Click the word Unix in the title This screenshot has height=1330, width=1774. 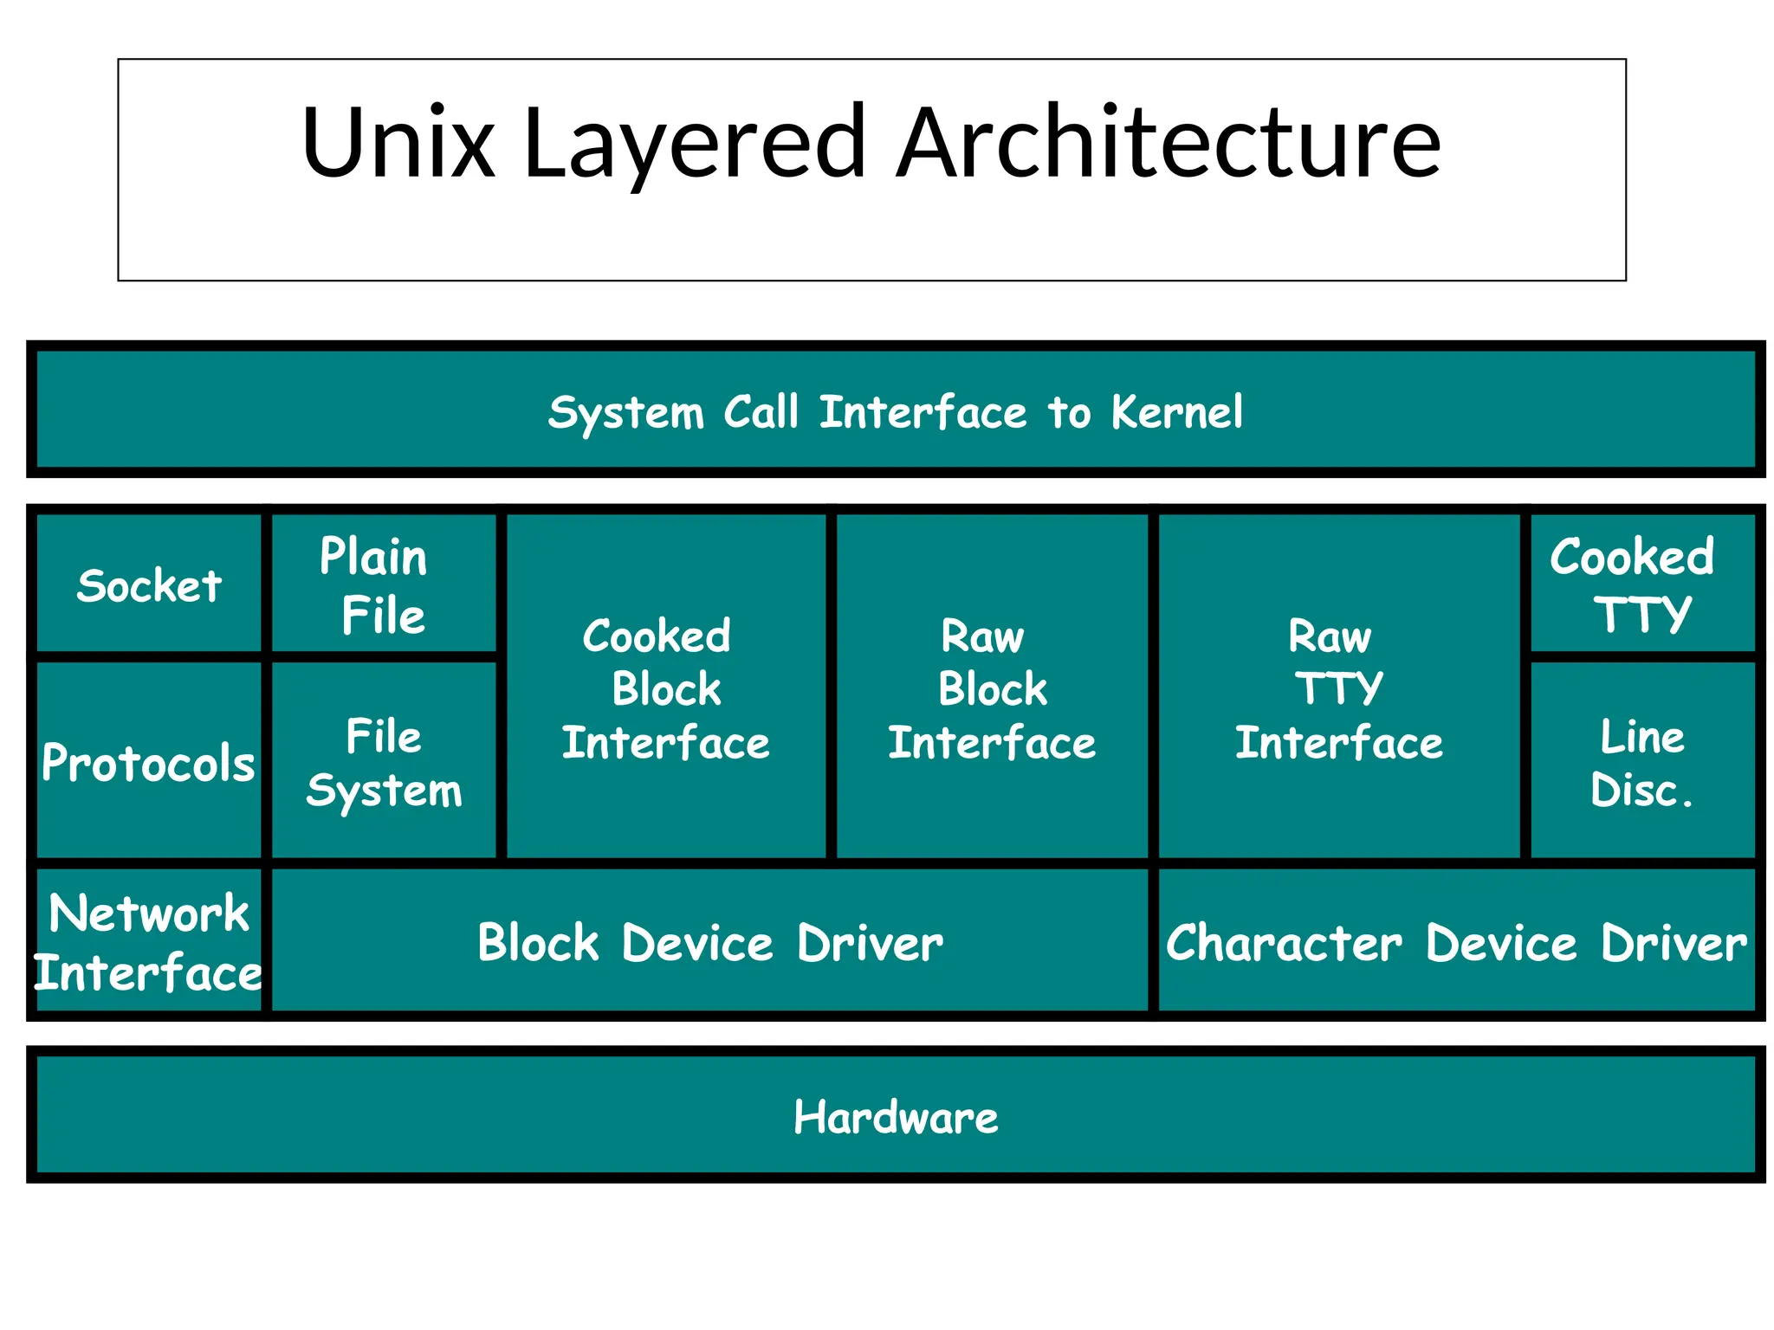[x=398, y=143]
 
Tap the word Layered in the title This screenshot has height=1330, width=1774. [x=693, y=143]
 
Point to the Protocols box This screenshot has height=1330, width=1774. [x=149, y=762]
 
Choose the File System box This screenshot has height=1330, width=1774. [x=384, y=762]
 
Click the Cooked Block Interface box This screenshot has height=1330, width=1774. [x=665, y=688]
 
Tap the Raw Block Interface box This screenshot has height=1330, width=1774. [x=992, y=688]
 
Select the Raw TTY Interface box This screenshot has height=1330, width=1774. [x=1338, y=688]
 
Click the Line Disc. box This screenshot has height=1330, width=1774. [x=1641, y=762]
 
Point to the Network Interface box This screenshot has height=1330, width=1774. [x=149, y=942]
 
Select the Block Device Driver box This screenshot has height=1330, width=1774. [x=710, y=942]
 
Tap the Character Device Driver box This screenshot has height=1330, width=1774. [x=1456, y=942]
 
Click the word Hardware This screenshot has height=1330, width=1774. [x=896, y=1117]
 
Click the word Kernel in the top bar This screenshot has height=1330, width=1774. [x=1177, y=412]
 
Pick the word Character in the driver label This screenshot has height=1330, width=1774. [x=1284, y=942]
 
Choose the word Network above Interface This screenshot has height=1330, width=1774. [x=149, y=914]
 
